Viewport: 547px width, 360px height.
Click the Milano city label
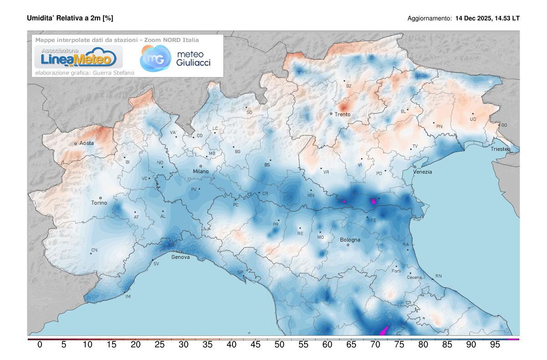point(201,171)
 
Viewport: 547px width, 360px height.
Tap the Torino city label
point(99,203)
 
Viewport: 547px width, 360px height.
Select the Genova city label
point(180,257)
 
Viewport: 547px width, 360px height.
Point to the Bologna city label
point(350,240)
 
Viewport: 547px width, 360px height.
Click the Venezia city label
point(422,172)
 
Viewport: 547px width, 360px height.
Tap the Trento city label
point(342,114)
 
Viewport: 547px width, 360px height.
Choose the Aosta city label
point(87,143)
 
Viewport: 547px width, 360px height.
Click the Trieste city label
point(500,149)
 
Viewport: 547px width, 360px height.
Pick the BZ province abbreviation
point(349,86)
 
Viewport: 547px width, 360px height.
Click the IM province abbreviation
point(128,297)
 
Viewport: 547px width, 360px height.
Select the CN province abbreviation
point(94,250)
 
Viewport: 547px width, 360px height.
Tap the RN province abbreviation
point(438,276)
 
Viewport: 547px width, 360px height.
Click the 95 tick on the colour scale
point(495,345)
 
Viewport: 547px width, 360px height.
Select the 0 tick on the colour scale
point(40,345)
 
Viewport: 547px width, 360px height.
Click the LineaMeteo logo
point(76,57)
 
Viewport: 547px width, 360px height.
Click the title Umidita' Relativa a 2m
point(70,18)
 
